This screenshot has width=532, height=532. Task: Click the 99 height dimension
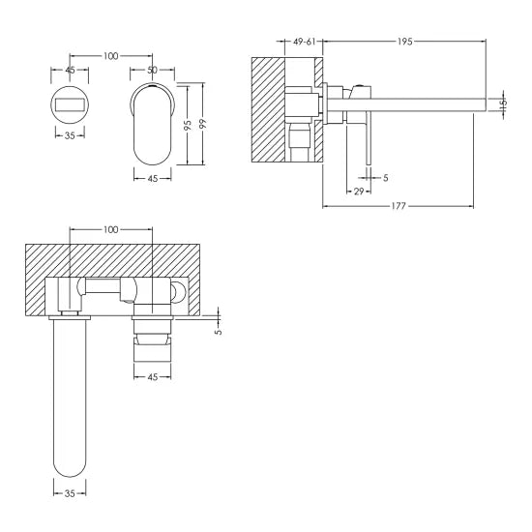[x=202, y=126]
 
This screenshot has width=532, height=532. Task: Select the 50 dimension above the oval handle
[x=152, y=71]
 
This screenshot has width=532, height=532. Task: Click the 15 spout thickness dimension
[x=502, y=104]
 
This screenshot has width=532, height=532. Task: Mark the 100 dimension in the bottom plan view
[x=111, y=229]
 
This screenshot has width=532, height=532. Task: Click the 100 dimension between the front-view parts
[x=109, y=56]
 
